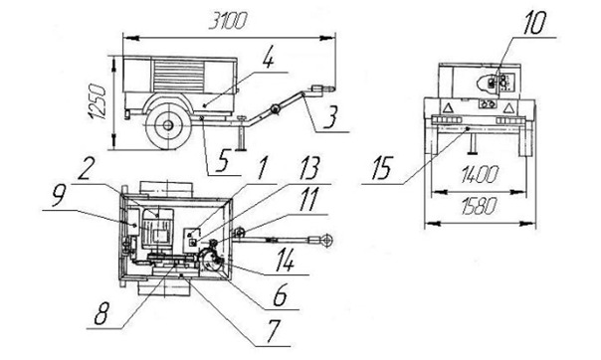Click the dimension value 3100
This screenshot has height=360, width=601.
(227, 21)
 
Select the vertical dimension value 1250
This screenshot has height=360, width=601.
(97, 102)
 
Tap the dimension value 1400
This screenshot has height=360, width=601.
(480, 175)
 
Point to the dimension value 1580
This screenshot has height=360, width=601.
(479, 207)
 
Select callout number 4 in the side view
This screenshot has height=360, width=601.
(269, 59)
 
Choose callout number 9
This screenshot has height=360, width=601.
(60, 196)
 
